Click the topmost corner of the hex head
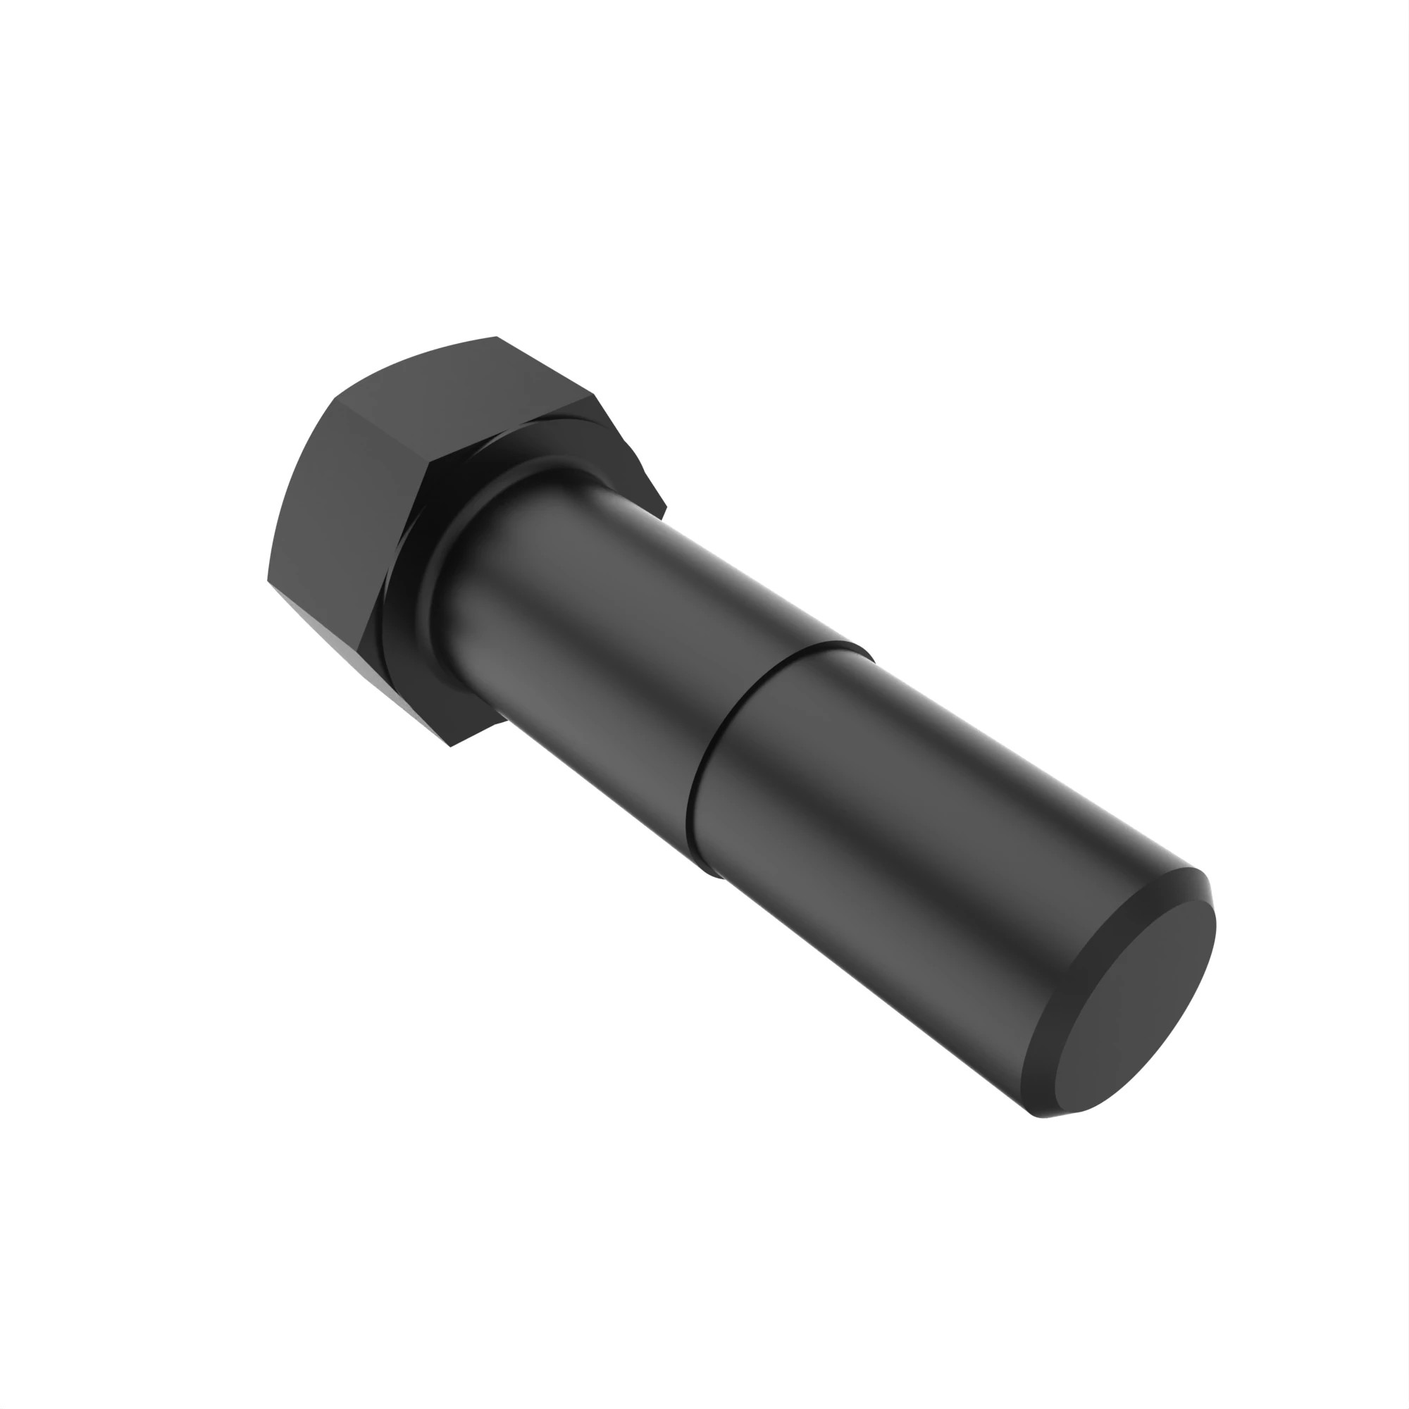tap(496, 337)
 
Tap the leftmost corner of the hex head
tap(268, 581)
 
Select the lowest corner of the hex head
tap(450, 746)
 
